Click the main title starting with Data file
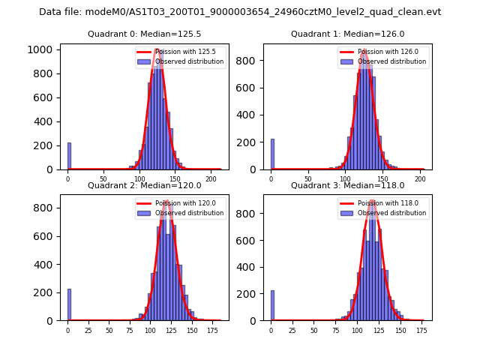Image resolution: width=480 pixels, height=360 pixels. click(x=240, y=12)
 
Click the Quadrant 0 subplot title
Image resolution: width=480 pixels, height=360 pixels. click(x=144, y=34)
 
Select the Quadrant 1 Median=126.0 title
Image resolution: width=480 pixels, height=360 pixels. click(x=347, y=34)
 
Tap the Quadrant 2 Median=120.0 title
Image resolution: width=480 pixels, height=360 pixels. click(x=144, y=185)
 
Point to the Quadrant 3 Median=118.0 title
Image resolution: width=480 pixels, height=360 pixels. click(x=347, y=185)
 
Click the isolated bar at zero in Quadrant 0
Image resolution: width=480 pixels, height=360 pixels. click(x=69, y=156)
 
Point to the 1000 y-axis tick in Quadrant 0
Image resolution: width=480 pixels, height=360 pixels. click(x=42, y=49)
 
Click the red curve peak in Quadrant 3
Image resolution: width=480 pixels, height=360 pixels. click(x=372, y=201)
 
